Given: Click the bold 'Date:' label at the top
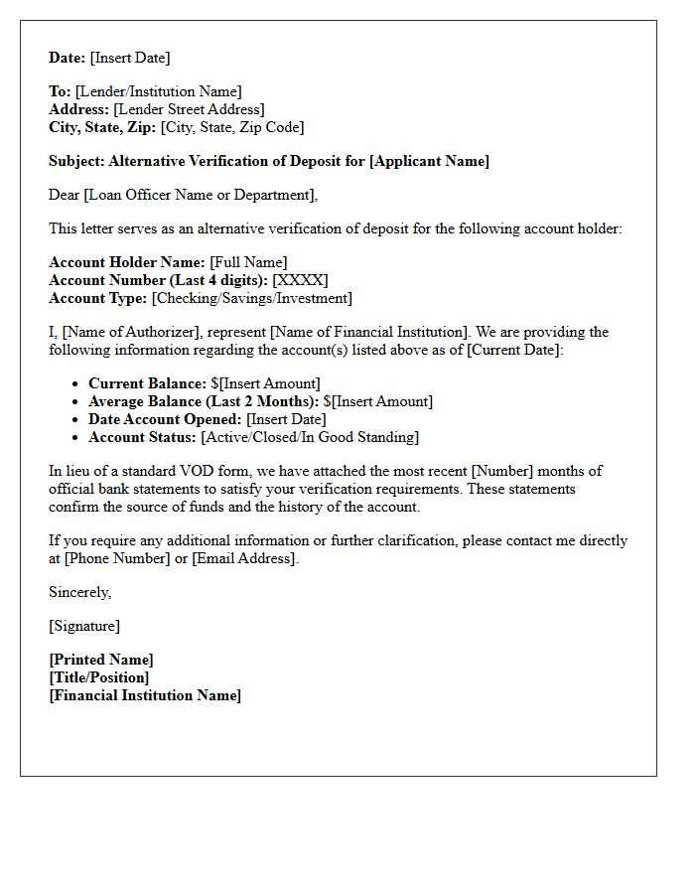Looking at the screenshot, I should pos(69,58).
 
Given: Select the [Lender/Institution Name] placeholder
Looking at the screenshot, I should pos(158,91).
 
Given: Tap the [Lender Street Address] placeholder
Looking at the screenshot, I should pos(189,109).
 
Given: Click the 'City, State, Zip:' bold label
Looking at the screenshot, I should pos(102,127).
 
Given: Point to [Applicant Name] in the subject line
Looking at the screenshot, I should pos(429,161).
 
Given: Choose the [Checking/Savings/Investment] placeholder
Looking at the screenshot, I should pos(251,298).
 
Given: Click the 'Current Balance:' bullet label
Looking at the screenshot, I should pos(147,383).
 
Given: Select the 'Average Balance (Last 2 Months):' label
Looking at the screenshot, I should pos(204,401).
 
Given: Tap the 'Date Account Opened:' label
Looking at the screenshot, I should pos(165,419).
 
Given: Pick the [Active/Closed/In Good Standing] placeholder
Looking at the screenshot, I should pos(310,437).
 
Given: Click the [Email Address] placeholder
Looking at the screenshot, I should pos(243,558).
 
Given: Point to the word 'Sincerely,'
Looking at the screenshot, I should pos(80,592).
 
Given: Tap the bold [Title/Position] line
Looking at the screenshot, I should pos(99,677).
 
